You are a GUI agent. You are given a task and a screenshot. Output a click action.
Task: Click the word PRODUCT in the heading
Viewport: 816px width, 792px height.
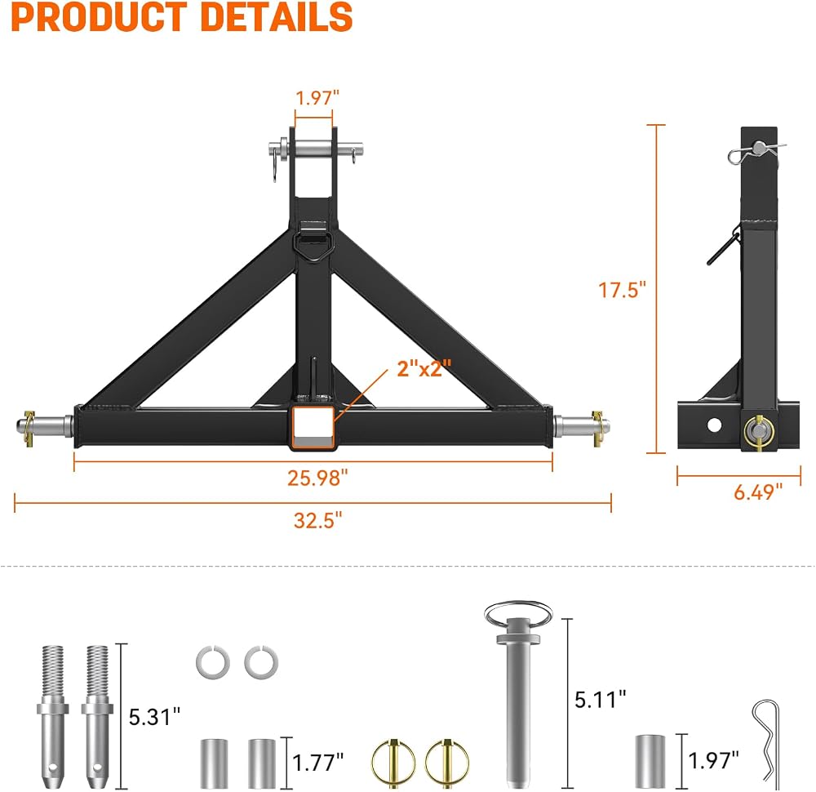(x=99, y=16)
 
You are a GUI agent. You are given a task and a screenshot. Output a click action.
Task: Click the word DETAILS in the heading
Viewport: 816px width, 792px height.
(x=277, y=16)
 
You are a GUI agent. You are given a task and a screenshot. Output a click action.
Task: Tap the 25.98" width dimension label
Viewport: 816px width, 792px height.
(x=317, y=478)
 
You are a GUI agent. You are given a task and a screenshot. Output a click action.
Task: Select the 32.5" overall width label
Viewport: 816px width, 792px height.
(x=318, y=519)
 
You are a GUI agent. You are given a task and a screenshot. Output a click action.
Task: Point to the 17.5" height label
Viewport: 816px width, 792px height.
(x=622, y=290)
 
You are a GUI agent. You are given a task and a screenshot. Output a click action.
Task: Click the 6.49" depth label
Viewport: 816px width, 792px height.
(x=758, y=492)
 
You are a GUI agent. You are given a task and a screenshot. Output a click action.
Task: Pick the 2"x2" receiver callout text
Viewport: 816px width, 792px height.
(x=424, y=368)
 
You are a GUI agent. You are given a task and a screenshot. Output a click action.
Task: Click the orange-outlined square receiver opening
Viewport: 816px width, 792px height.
(x=313, y=427)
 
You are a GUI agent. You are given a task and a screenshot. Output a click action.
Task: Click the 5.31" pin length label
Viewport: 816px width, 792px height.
(x=154, y=717)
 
